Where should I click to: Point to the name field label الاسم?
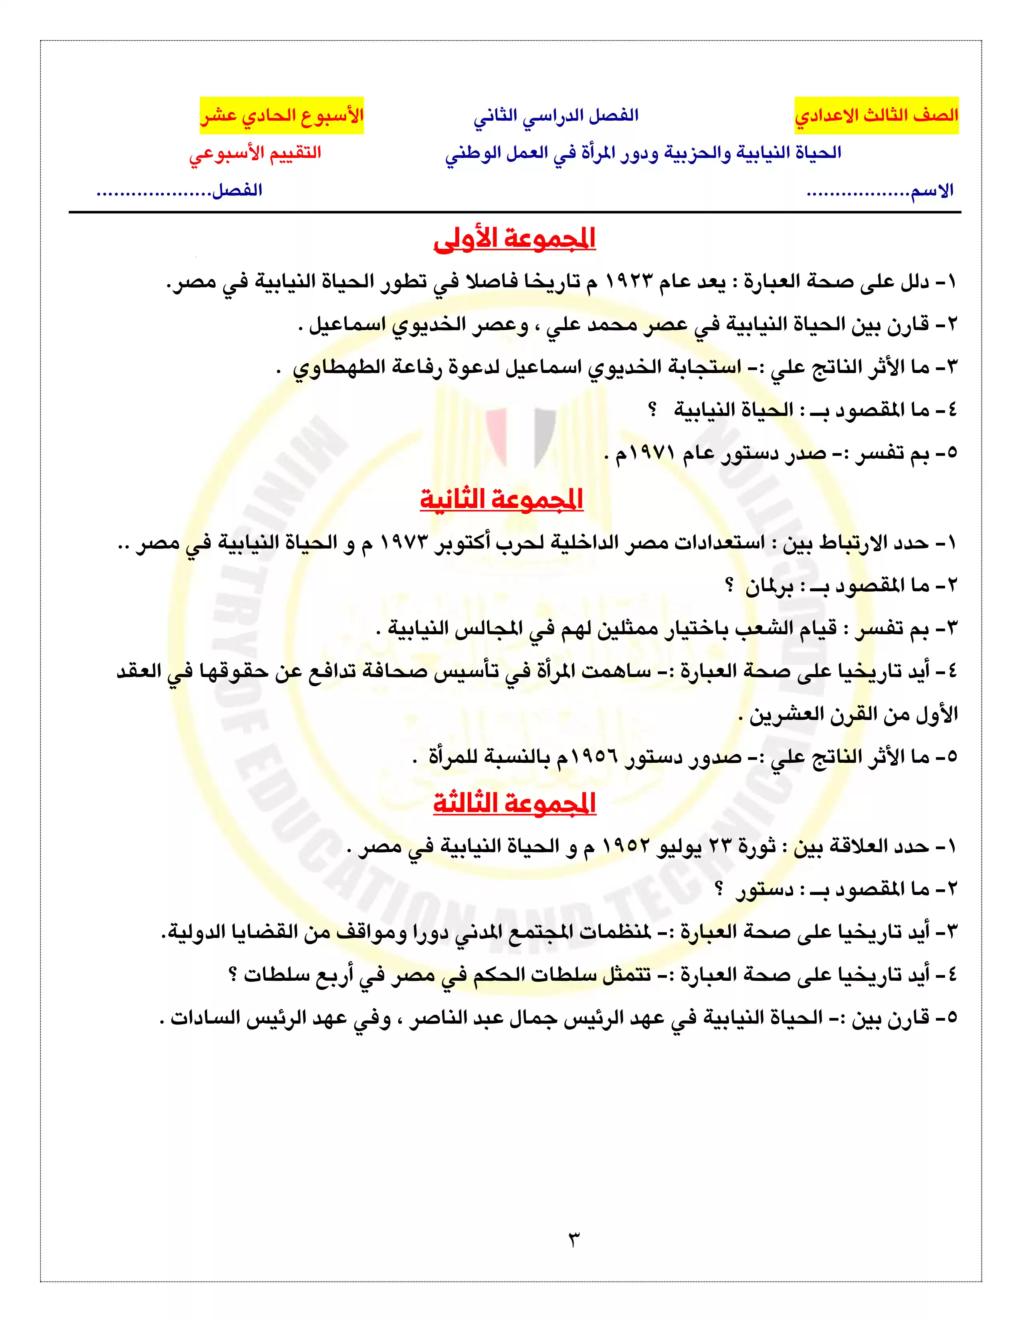[x=932, y=191]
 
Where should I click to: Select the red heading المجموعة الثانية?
[x=501, y=500]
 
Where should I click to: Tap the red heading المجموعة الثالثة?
[x=515, y=803]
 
